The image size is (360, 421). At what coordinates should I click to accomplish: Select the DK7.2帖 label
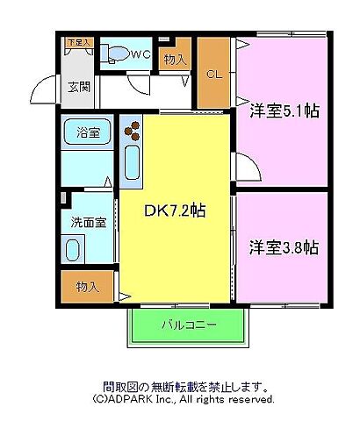click(x=175, y=211)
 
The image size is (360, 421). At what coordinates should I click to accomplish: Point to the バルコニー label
click(x=188, y=325)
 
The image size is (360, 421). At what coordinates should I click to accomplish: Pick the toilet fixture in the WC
click(x=114, y=54)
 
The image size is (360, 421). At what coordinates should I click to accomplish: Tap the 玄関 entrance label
click(x=79, y=87)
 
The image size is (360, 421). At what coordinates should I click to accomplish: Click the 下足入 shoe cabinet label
click(x=78, y=41)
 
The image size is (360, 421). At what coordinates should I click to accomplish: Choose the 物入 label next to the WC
click(x=176, y=60)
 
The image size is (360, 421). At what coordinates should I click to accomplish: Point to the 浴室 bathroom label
click(x=87, y=132)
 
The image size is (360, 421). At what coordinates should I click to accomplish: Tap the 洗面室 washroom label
click(x=88, y=222)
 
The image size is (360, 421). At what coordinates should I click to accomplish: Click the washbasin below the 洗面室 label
click(x=73, y=250)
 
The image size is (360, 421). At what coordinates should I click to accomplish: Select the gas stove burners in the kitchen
click(x=133, y=131)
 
